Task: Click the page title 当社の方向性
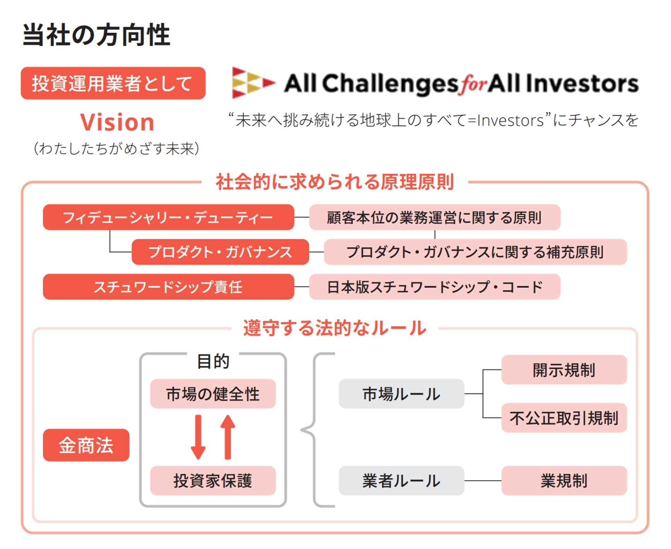coord(96,35)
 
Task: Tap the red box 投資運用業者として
coord(113,83)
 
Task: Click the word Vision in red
coord(117,123)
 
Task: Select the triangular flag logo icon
coord(252,82)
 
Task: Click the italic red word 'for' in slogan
coord(472,84)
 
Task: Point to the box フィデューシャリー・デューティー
coord(168,217)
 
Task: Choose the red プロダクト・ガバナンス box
coord(220,252)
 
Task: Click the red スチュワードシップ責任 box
coord(168,287)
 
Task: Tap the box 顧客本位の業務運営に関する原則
coord(434,217)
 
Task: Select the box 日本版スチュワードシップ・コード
coord(434,287)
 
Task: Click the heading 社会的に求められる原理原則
coord(334,182)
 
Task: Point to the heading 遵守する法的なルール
coord(334,328)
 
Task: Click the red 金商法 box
coord(86,445)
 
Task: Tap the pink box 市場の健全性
coord(213,394)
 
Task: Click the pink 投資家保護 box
coord(213,481)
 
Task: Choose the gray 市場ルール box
coord(401,394)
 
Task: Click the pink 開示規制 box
coord(564,370)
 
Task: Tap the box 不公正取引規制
coord(564,418)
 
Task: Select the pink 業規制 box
coord(564,481)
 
